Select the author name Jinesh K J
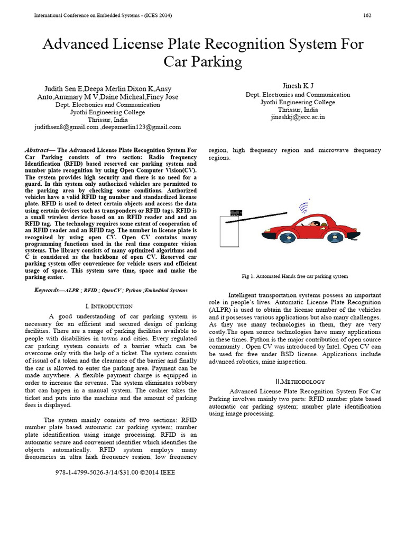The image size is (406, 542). pos(298,86)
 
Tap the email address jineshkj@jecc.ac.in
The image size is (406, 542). pos(298,117)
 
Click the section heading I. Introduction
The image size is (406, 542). pos(109,306)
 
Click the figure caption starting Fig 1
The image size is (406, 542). pos(294,276)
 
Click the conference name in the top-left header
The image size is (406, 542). pos(103,15)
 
